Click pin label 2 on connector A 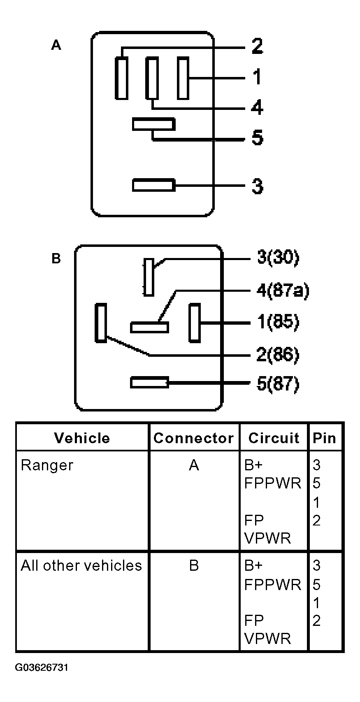(x=257, y=46)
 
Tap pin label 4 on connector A (x=257, y=108)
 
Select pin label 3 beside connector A (x=257, y=186)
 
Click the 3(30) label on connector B (x=278, y=258)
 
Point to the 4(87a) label (x=283, y=291)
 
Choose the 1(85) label (x=278, y=321)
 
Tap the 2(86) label (x=278, y=355)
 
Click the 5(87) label (x=278, y=384)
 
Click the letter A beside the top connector (x=56, y=45)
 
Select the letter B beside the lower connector (x=56, y=259)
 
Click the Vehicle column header (x=82, y=438)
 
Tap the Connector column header (x=194, y=438)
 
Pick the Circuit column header (x=274, y=438)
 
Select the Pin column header (x=325, y=438)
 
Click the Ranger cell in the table (x=47, y=465)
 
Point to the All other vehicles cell (x=81, y=566)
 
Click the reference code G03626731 (x=42, y=667)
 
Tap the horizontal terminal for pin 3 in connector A (x=153, y=185)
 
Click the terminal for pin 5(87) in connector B (x=149, y=382)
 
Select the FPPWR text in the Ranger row (x=273, y=483)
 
